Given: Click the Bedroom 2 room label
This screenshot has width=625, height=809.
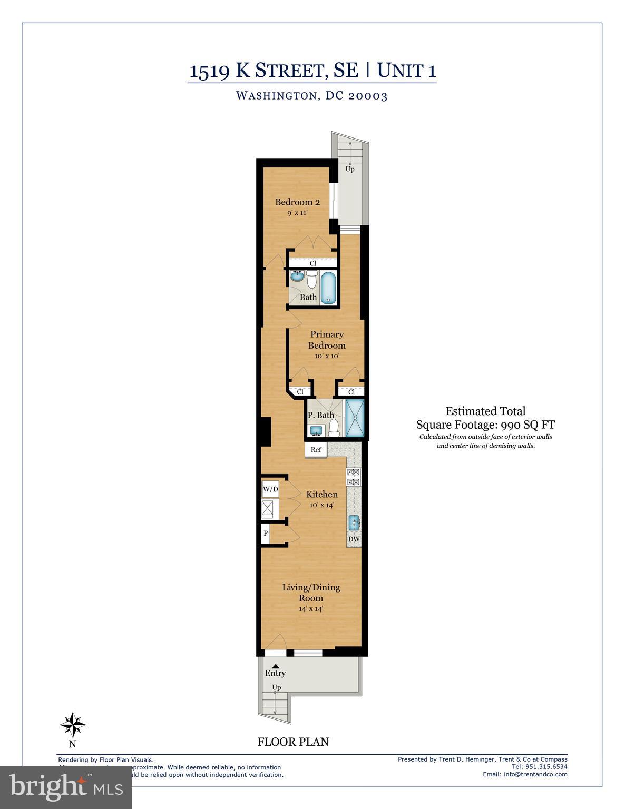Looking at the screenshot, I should pos(297,202).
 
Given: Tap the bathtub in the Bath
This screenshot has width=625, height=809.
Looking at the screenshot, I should pos(328,288).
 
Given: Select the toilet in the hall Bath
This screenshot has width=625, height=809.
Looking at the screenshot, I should pos(311,280).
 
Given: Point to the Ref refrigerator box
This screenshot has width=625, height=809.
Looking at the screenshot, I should pos(316,450).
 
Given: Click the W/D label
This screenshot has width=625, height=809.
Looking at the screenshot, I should pos(270,489).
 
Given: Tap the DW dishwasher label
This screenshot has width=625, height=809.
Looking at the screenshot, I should pos(354,539).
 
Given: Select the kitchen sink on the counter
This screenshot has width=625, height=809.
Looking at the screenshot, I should pos(354,523).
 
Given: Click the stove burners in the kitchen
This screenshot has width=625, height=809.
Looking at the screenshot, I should pos(353,477).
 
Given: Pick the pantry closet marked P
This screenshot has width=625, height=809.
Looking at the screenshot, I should pos(266,534).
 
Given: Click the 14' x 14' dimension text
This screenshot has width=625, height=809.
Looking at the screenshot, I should pos(311,609).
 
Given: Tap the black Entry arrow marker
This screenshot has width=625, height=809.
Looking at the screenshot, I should pos(276,666).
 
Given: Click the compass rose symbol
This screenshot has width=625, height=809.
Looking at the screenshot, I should pos(72,725).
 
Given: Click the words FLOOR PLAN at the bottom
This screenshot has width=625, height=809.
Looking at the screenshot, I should pos(293,742).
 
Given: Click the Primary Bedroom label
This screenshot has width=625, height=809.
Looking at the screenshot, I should pos(327,340).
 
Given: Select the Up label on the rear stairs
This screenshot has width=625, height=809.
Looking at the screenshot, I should pos(350,169).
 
